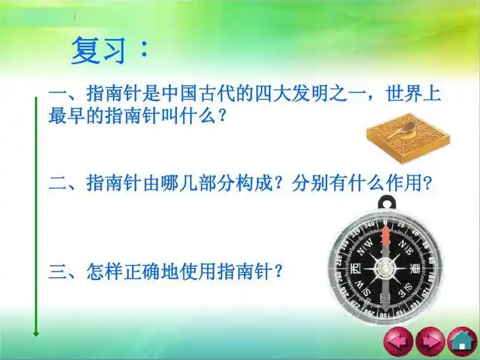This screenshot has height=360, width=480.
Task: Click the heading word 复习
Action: pyautogui.click(x=98, y=51)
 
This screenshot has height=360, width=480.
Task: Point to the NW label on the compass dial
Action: pyautogui.click(x=364, y=245)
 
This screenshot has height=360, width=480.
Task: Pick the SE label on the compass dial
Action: pyautogui.click(x=407, y=289)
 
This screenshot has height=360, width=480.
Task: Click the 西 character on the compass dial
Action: pyautogui.click(x=356, y=267)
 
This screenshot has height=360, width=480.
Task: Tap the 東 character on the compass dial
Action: pyautogui.click(x=416, y=267)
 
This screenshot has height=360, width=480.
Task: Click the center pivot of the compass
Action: pyautogui.click(x=386, y=267)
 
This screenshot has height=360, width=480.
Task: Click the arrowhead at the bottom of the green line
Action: pyautogui.click(x=35, y=333)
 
